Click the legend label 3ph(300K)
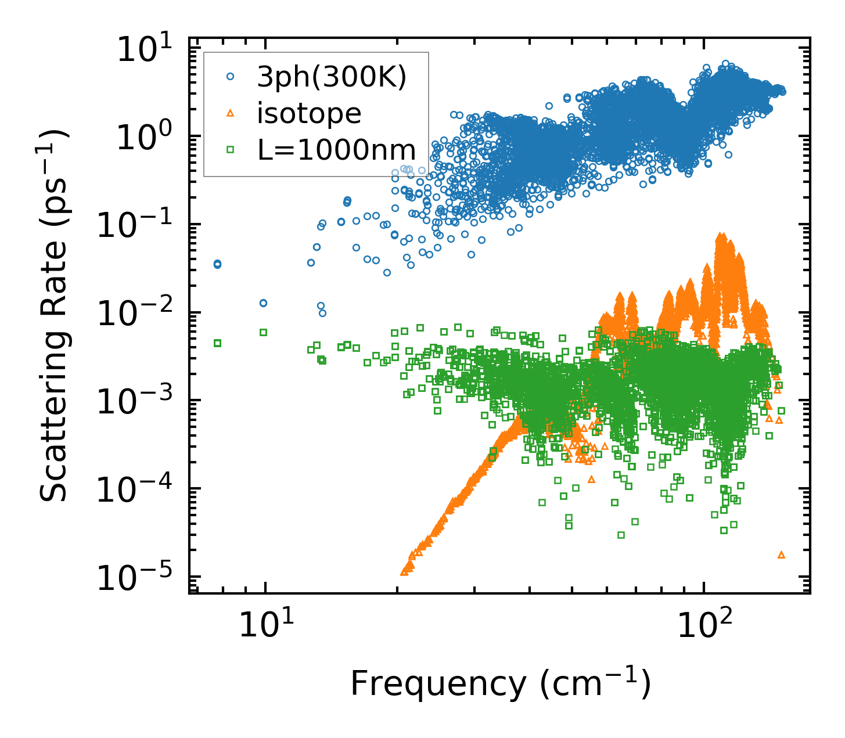coord(332,77)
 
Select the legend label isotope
coord(309,114)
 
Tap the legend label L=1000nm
coord(337,150)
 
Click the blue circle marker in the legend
coord(231,76)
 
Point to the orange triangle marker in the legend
coord(231,113)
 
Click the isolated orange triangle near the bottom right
coord(781,555)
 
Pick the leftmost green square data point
coord(217,343)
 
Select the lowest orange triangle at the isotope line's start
coord(404,572)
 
